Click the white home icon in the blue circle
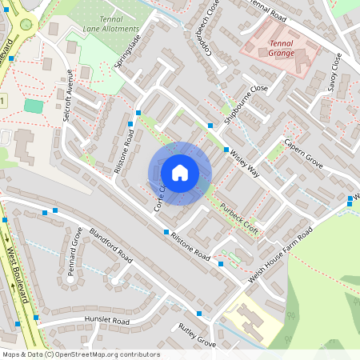179,173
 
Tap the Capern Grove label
302,154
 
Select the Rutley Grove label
198,335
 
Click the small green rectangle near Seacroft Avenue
34,106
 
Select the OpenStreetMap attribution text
80,354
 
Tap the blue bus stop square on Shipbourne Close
210,126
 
